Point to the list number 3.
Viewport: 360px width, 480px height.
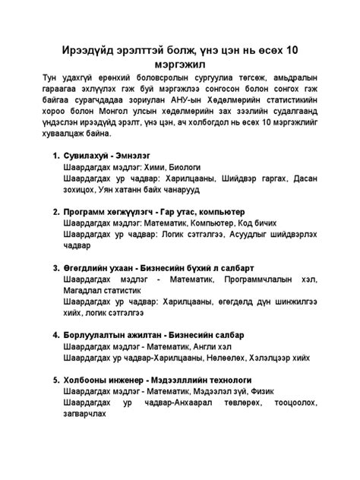click(55, 267)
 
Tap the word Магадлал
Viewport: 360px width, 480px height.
click(88, 293)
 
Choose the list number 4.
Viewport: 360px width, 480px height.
click(55, 335)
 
